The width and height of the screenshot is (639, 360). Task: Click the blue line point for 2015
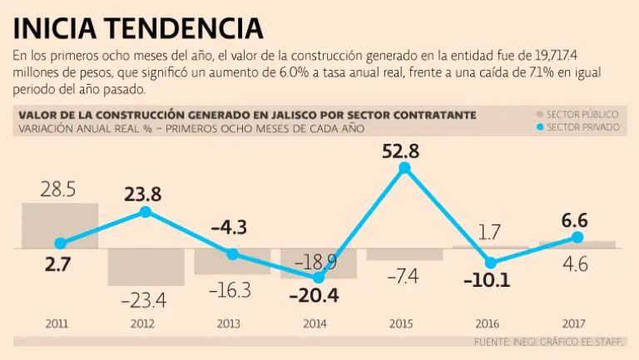pos(405,168)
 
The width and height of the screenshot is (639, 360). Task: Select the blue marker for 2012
pos(146,212)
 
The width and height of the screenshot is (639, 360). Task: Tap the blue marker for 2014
pos(318,278)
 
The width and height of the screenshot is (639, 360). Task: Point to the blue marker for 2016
pos(491,264)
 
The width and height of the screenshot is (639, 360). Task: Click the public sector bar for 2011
pos(60,225)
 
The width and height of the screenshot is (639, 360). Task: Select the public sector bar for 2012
pos(146,266)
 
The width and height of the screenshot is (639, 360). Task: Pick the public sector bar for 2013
pos(232,261)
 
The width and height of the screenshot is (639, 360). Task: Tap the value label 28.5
pos(58,190)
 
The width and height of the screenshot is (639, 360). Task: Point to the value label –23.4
pos(145,298)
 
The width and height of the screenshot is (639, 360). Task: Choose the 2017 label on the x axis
pos(575,323)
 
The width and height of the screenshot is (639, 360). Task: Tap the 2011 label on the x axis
pos(57,323)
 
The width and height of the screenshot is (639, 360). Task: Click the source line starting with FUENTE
pos(549,342)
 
